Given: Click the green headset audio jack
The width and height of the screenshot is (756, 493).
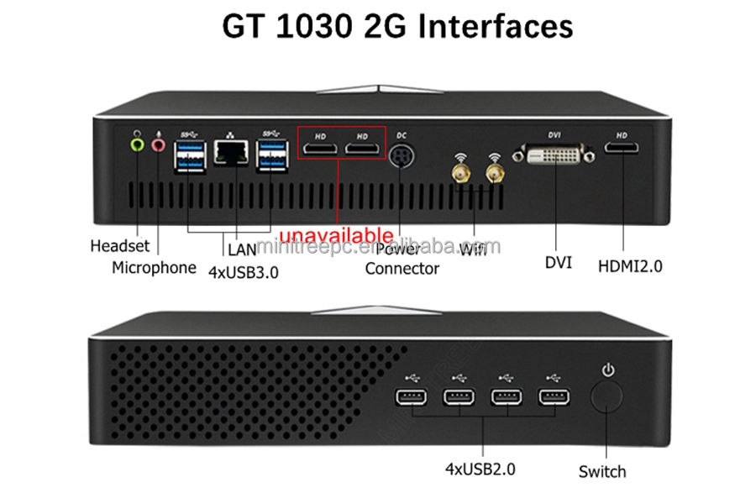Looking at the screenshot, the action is [139, 144].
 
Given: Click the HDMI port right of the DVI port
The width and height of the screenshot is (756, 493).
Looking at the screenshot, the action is [622, 149].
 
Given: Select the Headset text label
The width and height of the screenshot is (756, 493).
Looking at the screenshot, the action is [119, 246].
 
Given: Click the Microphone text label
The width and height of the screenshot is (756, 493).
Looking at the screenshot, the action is [154, 268].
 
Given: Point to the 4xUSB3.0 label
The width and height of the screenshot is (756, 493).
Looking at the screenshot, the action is [243, 271].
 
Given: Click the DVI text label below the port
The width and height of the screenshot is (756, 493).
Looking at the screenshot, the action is [558, 262].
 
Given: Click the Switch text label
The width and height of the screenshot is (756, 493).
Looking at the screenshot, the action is [602, 471].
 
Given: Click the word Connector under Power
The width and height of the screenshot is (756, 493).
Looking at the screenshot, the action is [402, 269].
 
